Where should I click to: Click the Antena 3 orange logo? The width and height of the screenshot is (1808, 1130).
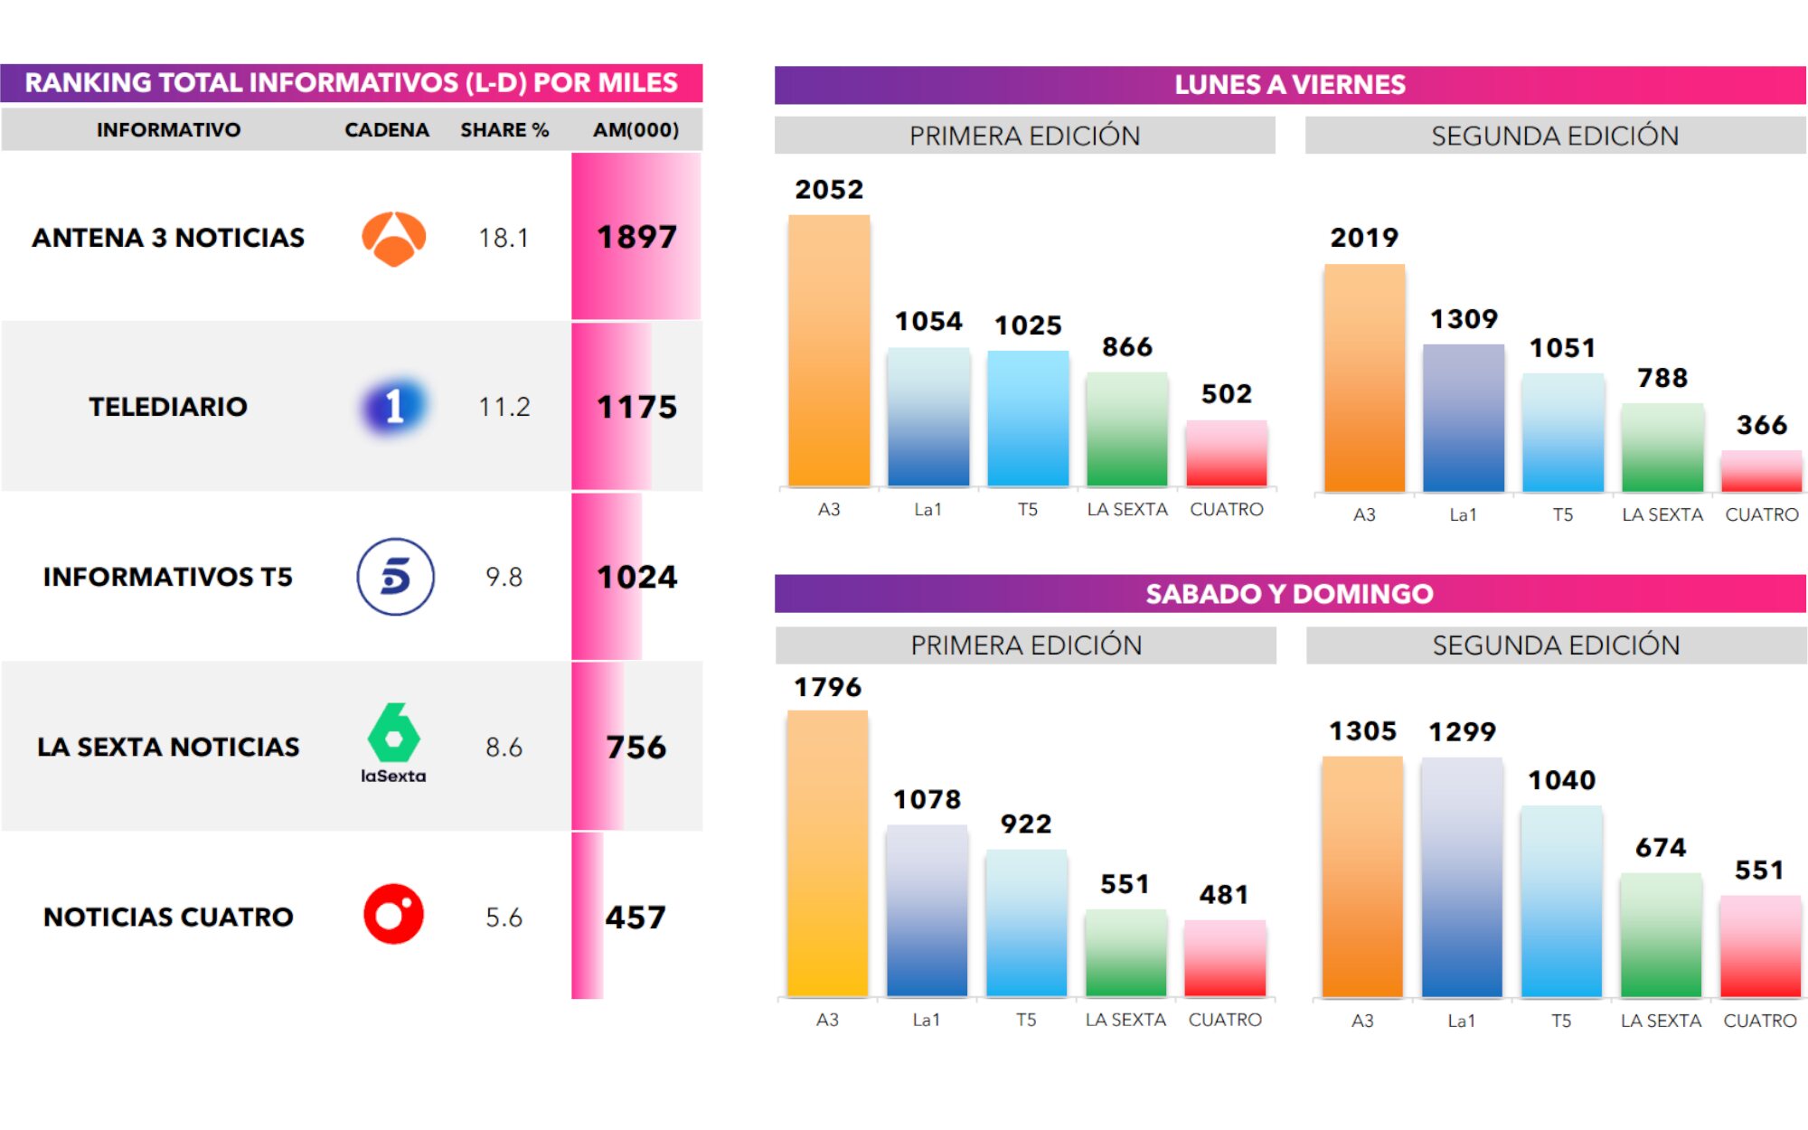click(393, 239)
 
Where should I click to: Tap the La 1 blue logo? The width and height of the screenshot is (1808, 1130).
click(394, 406)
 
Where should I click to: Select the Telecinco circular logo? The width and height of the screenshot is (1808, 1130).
click(395, 577)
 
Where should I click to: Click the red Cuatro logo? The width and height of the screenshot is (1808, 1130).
click(393, 914)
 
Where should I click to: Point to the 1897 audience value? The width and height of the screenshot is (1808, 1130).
click(636, 237)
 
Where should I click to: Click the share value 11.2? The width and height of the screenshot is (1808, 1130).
click(504, 407)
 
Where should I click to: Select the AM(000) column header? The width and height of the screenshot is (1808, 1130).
click(636, 130)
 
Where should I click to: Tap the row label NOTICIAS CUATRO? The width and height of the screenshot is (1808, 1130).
click(168, 917)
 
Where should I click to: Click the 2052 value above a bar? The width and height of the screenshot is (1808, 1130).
click(829, 190)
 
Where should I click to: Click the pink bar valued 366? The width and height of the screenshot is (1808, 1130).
click(1761, 471)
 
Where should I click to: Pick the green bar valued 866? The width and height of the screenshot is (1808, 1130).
click(1126, 429)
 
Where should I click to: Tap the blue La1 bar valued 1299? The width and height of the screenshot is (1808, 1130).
click(1462, 877)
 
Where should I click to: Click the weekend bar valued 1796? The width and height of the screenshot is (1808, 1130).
click(827, 853)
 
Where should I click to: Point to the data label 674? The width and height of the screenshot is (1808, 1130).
click(1661, 848)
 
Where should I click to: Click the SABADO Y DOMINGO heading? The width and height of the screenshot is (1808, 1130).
click(1289, 594)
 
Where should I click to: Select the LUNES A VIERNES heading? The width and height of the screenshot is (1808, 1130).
click(1289, 85)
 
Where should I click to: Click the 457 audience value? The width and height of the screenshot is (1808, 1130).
click(636, 918)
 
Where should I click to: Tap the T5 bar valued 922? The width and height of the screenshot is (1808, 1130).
click(1026, 923)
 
